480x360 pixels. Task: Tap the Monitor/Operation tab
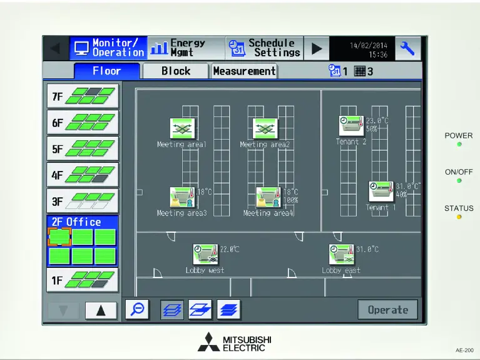pos(108,48)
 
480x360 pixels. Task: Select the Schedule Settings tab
pos(264,48)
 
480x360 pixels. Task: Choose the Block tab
pos(176,71)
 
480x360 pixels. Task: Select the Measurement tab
pos(244,71)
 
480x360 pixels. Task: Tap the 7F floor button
pos(83,96)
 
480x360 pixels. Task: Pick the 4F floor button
pos(83,175)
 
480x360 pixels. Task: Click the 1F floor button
pos(83,280)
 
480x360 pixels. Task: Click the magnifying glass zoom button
pos(136,309)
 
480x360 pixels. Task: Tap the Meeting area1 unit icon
pos(182,128)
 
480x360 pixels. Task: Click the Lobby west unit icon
pos(205,255)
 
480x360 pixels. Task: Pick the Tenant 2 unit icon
pos(351,125)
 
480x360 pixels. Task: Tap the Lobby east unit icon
pos(342,255)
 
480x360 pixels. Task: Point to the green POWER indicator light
pos(459,145)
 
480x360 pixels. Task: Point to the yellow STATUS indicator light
pos(459,217)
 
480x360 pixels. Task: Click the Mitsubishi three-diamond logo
pos(208,342)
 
